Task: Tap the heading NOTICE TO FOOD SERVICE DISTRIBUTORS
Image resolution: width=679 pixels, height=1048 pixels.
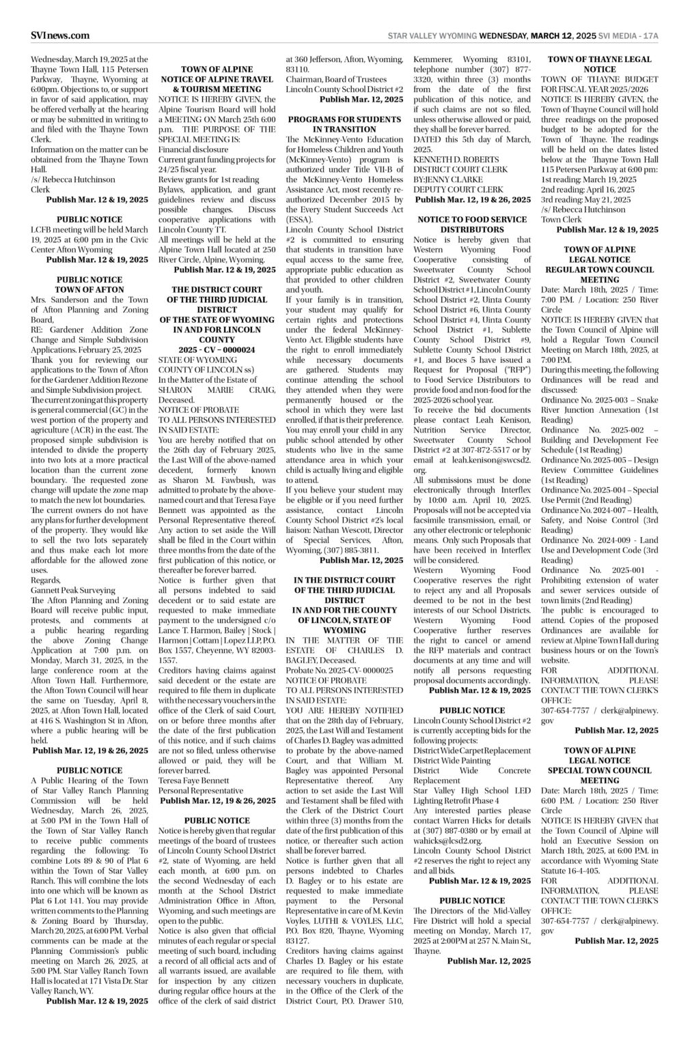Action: click(x=472, y=224)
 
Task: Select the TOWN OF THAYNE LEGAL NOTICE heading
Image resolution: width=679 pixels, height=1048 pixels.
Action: click(x=599, y=64)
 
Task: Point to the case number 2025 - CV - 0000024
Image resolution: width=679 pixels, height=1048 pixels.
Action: click(x=217, y=349)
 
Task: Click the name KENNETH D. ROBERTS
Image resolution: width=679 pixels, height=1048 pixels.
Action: click(x=452, y=168)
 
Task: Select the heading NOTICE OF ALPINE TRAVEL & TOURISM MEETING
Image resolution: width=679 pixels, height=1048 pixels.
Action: click(x=217, y=79)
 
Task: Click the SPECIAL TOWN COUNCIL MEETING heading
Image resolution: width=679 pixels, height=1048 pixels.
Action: click(x=599, y=774)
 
